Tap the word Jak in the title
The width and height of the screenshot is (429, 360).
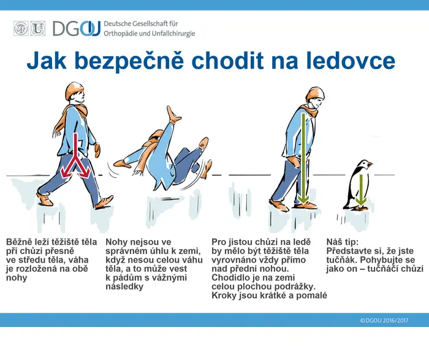(x=47, y=61)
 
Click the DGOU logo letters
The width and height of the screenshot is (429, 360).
(x=77, y=28)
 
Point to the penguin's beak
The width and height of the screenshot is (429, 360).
(x=370, y=164)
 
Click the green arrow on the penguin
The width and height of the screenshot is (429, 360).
(x=361, y=189)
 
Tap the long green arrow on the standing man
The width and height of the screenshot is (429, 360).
(x=303, y=159)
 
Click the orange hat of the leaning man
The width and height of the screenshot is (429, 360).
(x=316, y=94)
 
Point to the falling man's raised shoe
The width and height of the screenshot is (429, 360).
(x=173, y=114)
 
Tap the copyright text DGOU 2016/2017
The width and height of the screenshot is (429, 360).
(x=384, y=320)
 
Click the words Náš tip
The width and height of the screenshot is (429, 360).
(x=342, y=242)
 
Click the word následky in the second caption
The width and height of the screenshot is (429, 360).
(x=124, y=287)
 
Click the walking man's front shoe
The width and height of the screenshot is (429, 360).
(x=104, y=203)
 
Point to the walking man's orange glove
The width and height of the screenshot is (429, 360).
(x=97, y=150)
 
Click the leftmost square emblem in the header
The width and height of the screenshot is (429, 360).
(x=21, y=28)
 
